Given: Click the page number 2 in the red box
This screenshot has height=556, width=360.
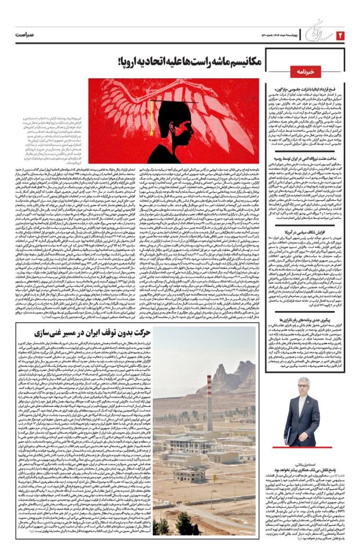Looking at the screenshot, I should [340, 35].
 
